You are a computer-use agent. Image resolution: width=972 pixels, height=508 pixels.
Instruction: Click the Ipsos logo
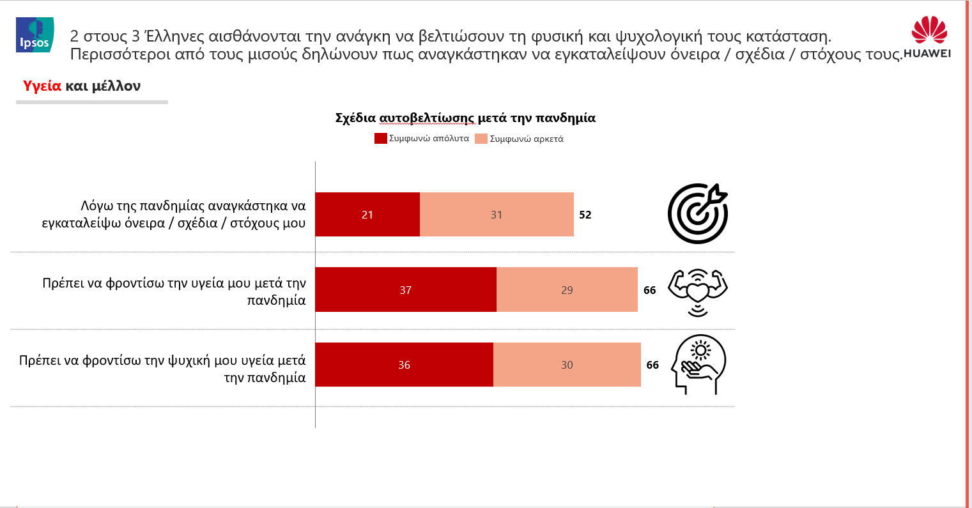35,35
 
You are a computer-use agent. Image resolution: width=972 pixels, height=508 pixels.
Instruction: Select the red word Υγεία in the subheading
42,86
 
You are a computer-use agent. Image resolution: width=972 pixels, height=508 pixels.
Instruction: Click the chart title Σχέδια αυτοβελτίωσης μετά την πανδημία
465,118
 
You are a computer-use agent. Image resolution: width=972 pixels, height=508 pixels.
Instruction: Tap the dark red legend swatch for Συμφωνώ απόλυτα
380,139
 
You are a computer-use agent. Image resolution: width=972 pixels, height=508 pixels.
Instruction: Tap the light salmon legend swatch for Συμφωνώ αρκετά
481,139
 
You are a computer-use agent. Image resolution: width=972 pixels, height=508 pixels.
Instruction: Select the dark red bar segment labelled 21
367,214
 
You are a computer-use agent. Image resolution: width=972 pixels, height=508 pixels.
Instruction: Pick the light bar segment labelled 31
497,214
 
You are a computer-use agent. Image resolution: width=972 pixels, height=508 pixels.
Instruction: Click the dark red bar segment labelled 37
406,289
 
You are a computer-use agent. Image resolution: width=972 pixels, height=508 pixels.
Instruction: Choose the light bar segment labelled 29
567,289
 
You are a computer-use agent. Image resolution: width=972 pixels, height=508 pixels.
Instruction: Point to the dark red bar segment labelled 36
405,364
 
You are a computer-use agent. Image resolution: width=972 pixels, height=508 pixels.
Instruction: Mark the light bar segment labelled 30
567,364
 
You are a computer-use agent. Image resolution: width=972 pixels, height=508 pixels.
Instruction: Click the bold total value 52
585,215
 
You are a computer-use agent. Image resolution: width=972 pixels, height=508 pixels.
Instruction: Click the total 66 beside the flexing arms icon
649,290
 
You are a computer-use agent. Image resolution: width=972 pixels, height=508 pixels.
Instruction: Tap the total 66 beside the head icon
652,365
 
